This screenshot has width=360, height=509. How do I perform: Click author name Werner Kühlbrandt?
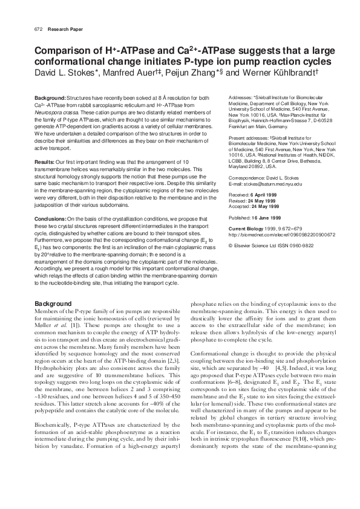click(x=278, y=73)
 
